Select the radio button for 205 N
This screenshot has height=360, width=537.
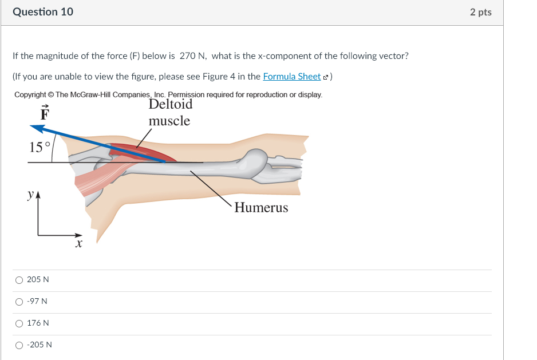tap(19, 280)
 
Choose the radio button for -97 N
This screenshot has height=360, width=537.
tap(19, 302)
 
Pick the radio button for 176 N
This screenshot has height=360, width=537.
tap(19, 323)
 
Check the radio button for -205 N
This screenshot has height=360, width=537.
tap(19, 345)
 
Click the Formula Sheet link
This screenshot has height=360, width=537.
tap(291, 77)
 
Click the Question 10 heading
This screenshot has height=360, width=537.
tap(43, 12)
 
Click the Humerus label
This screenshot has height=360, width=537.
tap(261, 208)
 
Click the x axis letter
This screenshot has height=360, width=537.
tap(79, 244)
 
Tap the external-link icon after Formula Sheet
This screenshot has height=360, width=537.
tap(326, 77)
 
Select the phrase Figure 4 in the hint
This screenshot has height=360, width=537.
tap(228, 77)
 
